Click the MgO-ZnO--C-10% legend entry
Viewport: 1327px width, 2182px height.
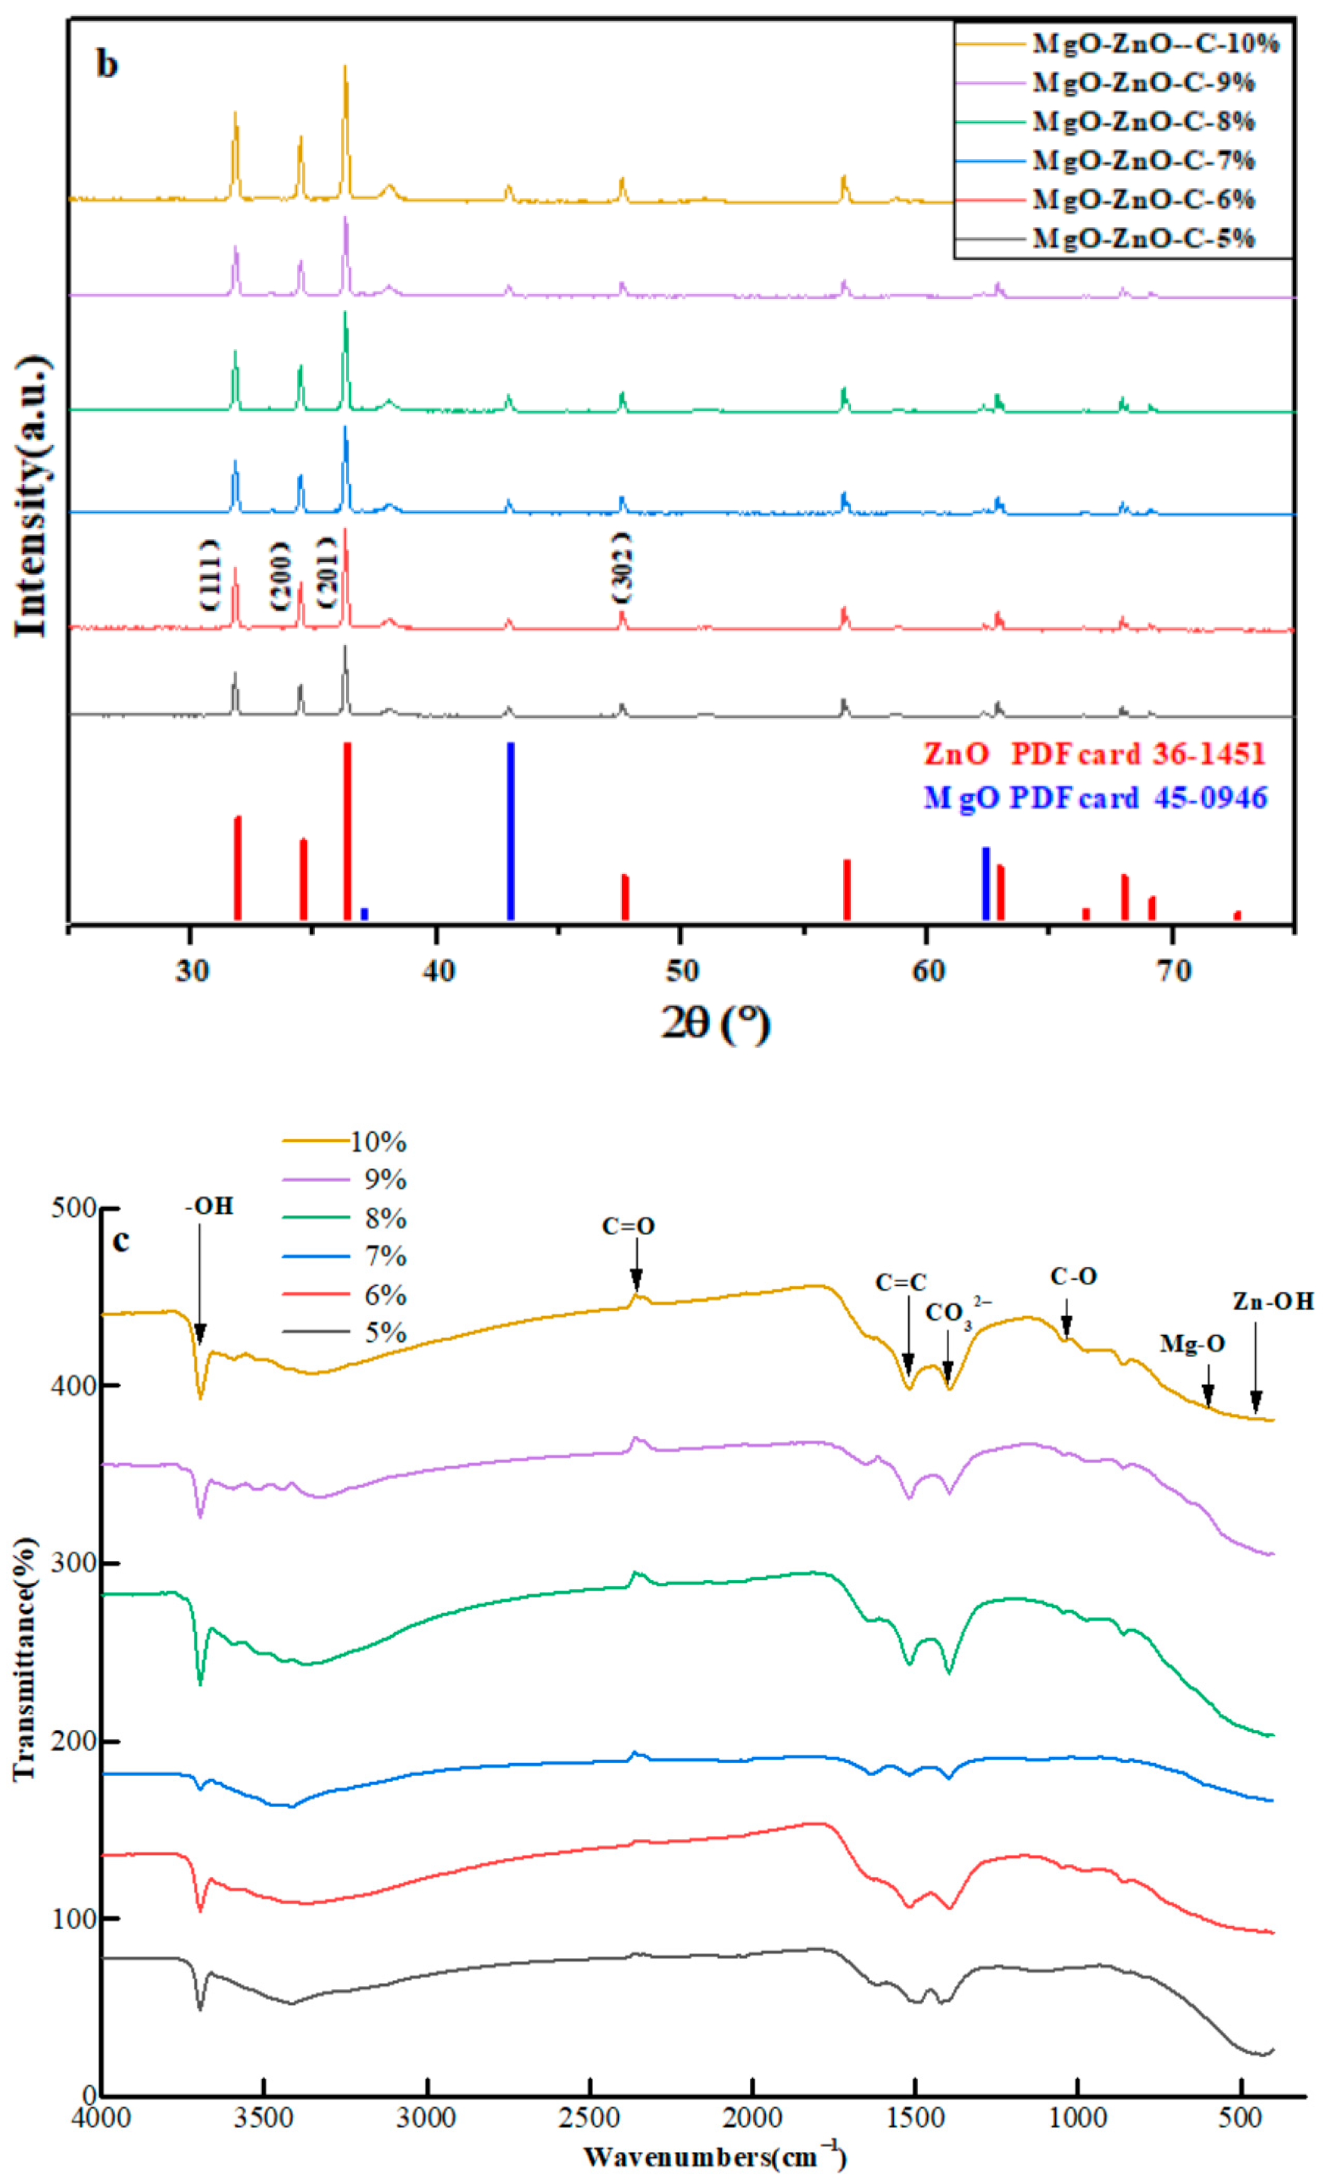coord(1154,43)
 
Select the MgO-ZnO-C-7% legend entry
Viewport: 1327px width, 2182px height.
coord(1144,160)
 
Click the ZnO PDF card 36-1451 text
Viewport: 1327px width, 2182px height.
coord(1094,755)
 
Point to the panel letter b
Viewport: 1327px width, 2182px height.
coord(107,64)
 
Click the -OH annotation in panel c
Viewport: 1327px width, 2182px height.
coord(209,1207)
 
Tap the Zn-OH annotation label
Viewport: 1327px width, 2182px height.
coord(1273,1301)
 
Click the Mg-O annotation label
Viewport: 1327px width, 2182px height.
coord(1193,1344)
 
